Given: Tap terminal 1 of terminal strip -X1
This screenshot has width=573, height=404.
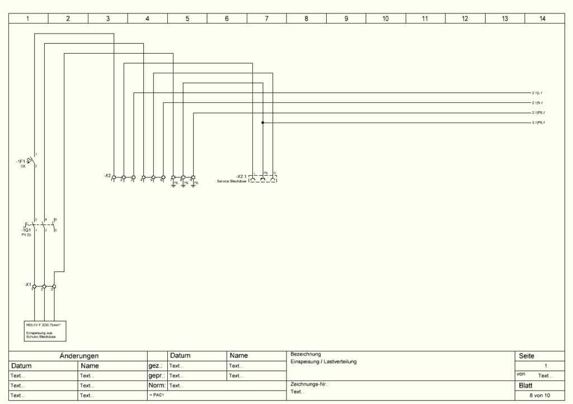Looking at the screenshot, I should pos(35,286).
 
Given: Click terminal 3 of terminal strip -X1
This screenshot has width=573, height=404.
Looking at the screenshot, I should pos(54,286).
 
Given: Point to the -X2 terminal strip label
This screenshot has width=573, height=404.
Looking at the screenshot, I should pos(107,176).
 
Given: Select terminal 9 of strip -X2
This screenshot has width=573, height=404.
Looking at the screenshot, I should pos(192,178).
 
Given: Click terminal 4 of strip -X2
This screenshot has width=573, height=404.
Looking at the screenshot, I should pos(143,178).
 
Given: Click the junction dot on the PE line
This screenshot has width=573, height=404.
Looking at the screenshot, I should pos(262,123).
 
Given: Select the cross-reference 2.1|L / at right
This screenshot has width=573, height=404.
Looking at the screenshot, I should pos(537,93).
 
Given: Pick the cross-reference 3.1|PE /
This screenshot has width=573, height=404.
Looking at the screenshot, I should pos(538,123).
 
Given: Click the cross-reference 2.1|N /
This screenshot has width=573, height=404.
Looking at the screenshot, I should pos(537,103).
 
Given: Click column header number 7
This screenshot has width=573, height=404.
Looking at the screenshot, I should pos(266,18).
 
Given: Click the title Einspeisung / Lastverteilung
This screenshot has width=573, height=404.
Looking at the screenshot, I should pos(324,362).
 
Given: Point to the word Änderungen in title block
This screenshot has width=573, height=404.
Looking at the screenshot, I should pos(79,355).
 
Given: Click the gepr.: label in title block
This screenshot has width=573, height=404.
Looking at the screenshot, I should pos(156,375).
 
